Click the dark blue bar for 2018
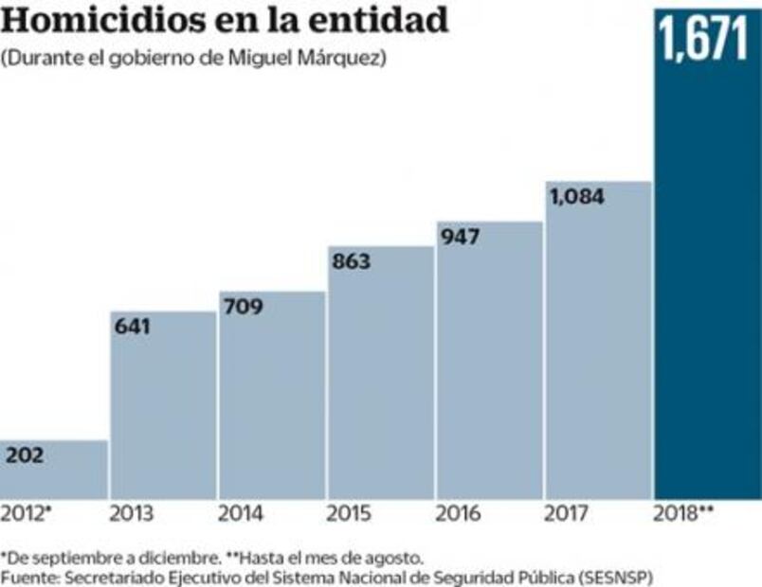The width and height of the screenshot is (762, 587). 707,284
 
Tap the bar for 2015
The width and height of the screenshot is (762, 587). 380,379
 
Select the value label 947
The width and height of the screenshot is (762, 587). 461,237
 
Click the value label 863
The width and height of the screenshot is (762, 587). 351,262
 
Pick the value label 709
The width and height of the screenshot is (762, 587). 243,307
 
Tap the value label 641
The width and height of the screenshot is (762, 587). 133,327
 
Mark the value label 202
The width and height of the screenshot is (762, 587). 26,455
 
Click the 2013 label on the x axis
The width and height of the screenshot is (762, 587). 132,515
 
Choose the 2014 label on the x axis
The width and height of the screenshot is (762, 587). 241,515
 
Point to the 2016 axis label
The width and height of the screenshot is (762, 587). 458,515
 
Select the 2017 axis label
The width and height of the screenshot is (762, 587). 568,515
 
